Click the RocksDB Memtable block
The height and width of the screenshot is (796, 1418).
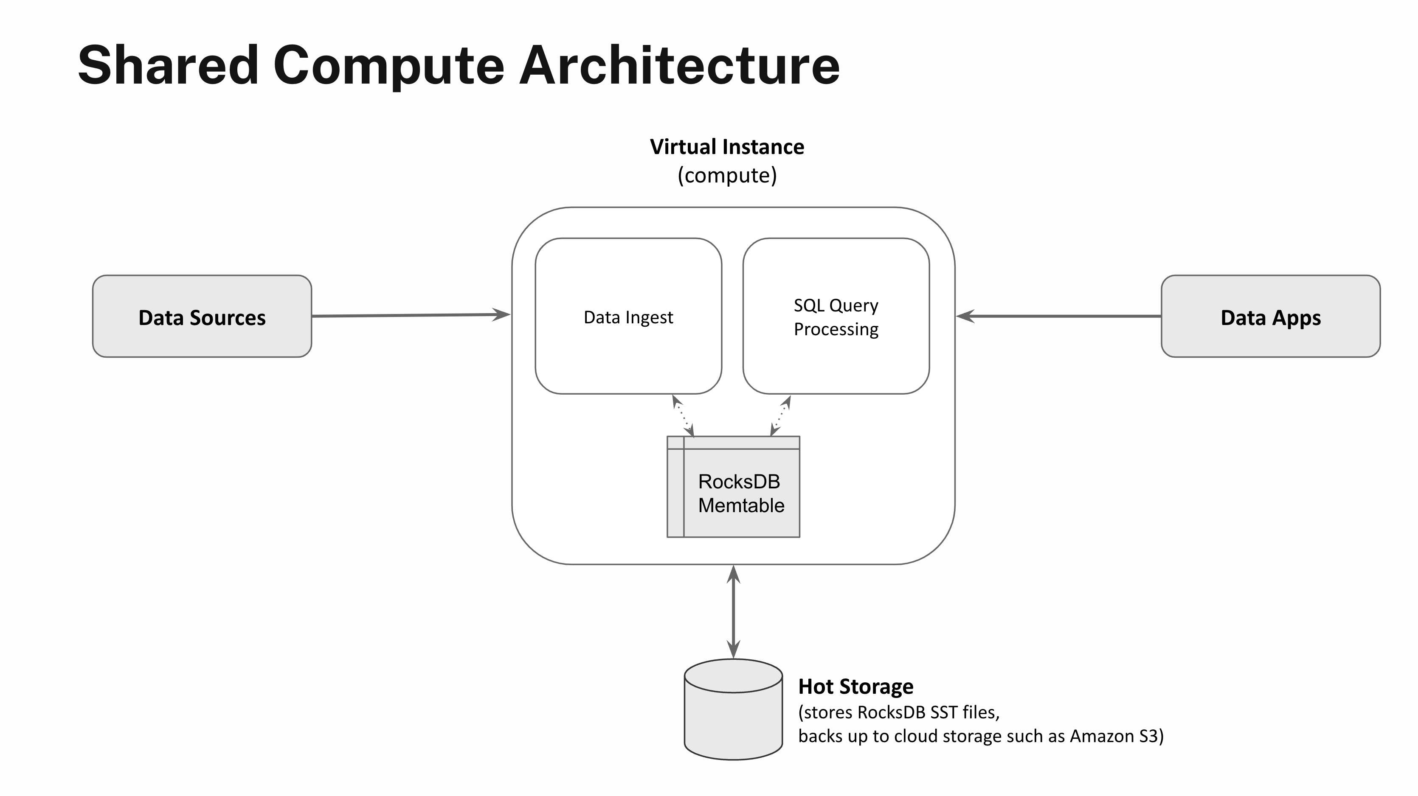coord(733,487)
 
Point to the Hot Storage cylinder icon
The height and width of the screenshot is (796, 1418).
coord(733,709)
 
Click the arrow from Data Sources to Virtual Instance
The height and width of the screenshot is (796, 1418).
coord(410,315)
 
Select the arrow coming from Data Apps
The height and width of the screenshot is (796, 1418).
coord(1060,316)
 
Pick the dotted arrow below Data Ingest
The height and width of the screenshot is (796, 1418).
coord(683,416)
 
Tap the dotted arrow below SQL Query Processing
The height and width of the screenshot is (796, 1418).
coord(781,416)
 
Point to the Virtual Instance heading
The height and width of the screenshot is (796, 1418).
coord(726,147)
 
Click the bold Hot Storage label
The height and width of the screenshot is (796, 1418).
coord(855,687)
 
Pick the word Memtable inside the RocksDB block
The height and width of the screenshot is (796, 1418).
coord(741,505)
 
